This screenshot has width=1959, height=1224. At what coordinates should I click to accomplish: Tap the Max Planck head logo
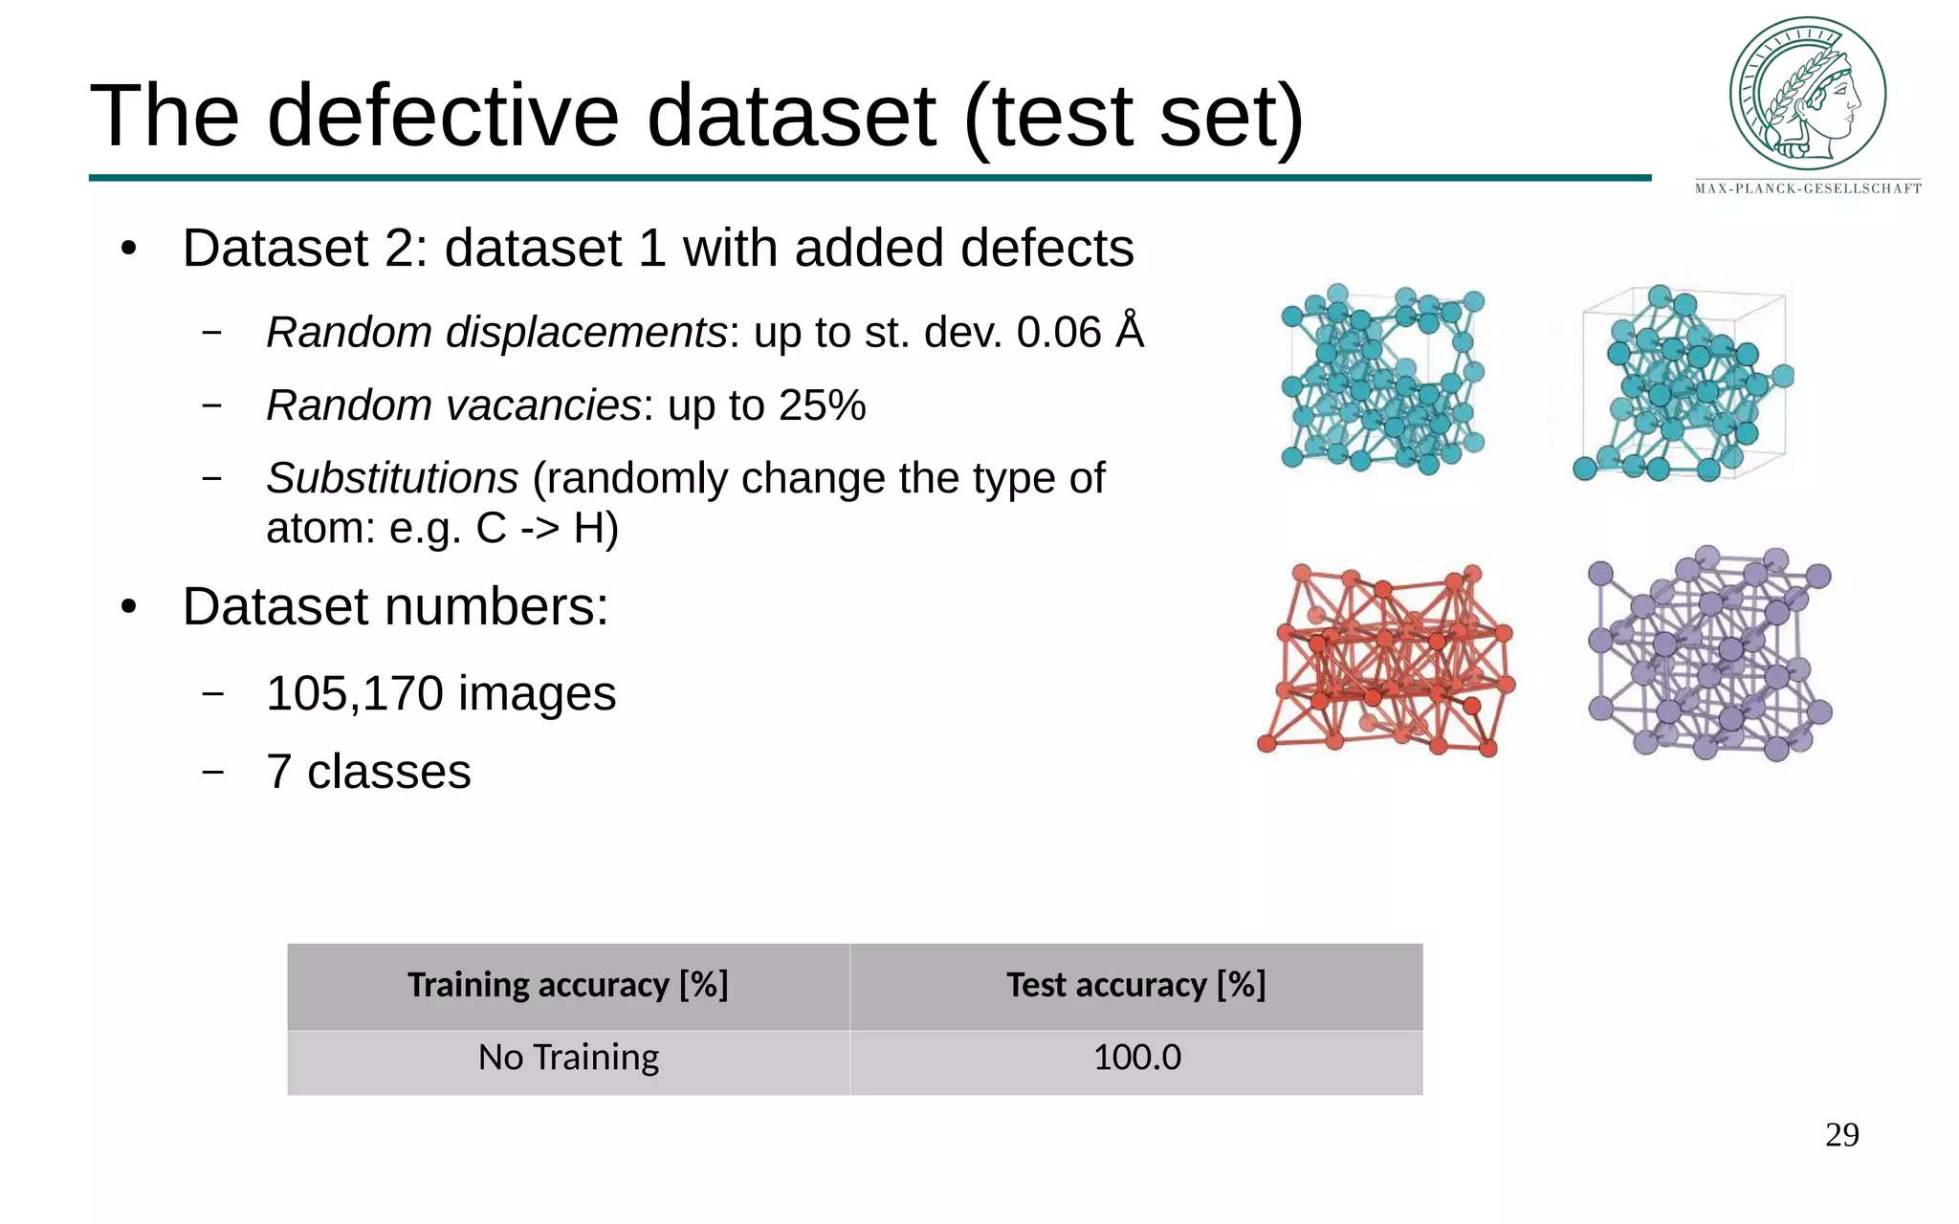pyautogui.click(x=1807, y=93)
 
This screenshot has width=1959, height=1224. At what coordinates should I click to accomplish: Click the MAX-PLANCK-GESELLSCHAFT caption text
pyautogui.click(x=1808, y=188)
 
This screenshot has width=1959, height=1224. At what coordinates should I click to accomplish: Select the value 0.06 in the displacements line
pyautogui.click(x=1059, y=333)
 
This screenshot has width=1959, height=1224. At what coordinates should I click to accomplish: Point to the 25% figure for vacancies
pyautogui.click(x=822, y=405)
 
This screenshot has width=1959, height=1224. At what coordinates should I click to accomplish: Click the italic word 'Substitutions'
pyautogui.click(x=392, y=478)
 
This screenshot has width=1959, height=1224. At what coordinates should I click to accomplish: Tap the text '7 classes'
pyautogui.click(x=368, y=772)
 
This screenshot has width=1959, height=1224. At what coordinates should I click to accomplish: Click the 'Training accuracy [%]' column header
pyautogui.click(x=568, y=985)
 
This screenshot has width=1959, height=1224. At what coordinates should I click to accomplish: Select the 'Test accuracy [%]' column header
pyautogui.click(x=1135, y=985)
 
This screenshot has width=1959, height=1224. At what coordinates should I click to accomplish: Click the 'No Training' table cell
pyautogui.click(x=568, y=1058)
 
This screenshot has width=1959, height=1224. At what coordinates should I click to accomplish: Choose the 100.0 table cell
pyautogui.click(x=1136, y=1058)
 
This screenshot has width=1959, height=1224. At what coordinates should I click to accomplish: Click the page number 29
pyautogui.click(x=1841, y=1135)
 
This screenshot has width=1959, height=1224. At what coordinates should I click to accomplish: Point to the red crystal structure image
pyautogui.click(x=1386, y=660)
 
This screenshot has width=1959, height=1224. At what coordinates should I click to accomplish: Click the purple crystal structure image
pyautogui.click(x=1709, y=654)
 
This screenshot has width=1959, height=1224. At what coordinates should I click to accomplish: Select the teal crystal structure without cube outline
pyautogui.click(x=1382, y=380)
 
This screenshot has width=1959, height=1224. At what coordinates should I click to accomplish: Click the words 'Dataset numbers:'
pyautogui.click(x=395, y=606)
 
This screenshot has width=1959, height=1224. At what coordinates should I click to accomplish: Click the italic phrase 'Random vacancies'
pyautogui.click(x=453, y=405)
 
